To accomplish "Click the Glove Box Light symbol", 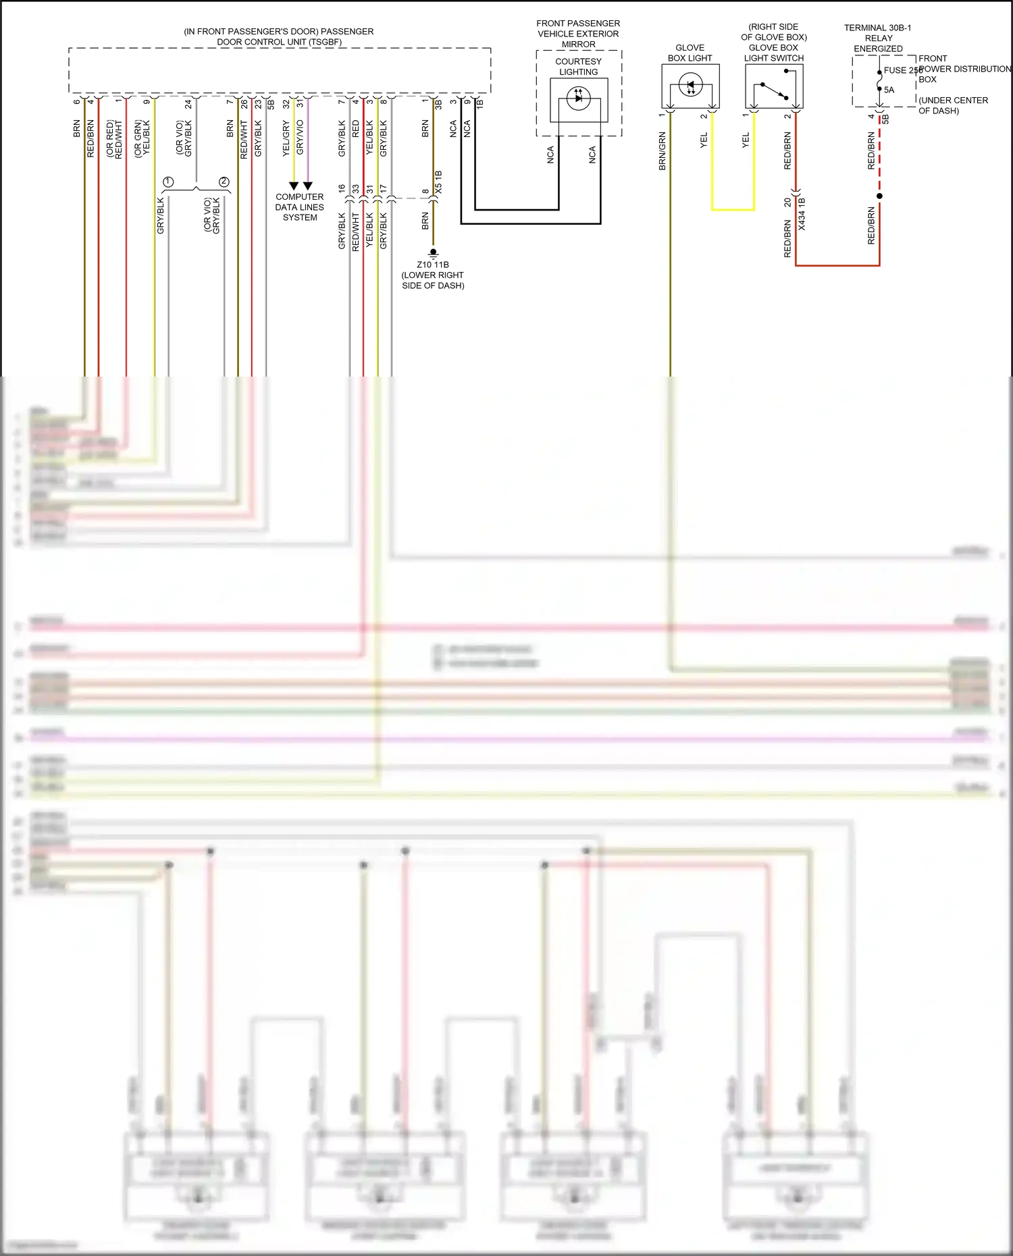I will [x=690, y=86].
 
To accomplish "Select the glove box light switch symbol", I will [x=774, y=90].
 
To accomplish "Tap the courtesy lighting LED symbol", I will [x=578, y=99].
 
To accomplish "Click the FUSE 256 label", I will [x=902, y=70].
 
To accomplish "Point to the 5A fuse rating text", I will [x=889, y=90].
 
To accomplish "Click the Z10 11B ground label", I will [x=432, y=265].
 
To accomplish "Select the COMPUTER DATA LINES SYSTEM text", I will [x=299, y=207].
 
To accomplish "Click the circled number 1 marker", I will [x=169, y=182].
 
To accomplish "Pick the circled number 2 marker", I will [x=224, y=182].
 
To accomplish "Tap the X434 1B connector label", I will [x=802, y=214].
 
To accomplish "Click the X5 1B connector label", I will [x=438, y=182].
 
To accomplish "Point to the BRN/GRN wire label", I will [x=663, y=151].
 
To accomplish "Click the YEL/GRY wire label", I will [x=286, y=138].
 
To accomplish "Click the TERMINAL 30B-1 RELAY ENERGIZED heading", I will [x=877, y=38].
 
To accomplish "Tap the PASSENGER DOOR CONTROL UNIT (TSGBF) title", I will [x=279, y=36].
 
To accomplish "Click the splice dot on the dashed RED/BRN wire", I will [x=879, y=196].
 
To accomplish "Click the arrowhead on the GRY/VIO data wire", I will [x=308, y=186].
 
